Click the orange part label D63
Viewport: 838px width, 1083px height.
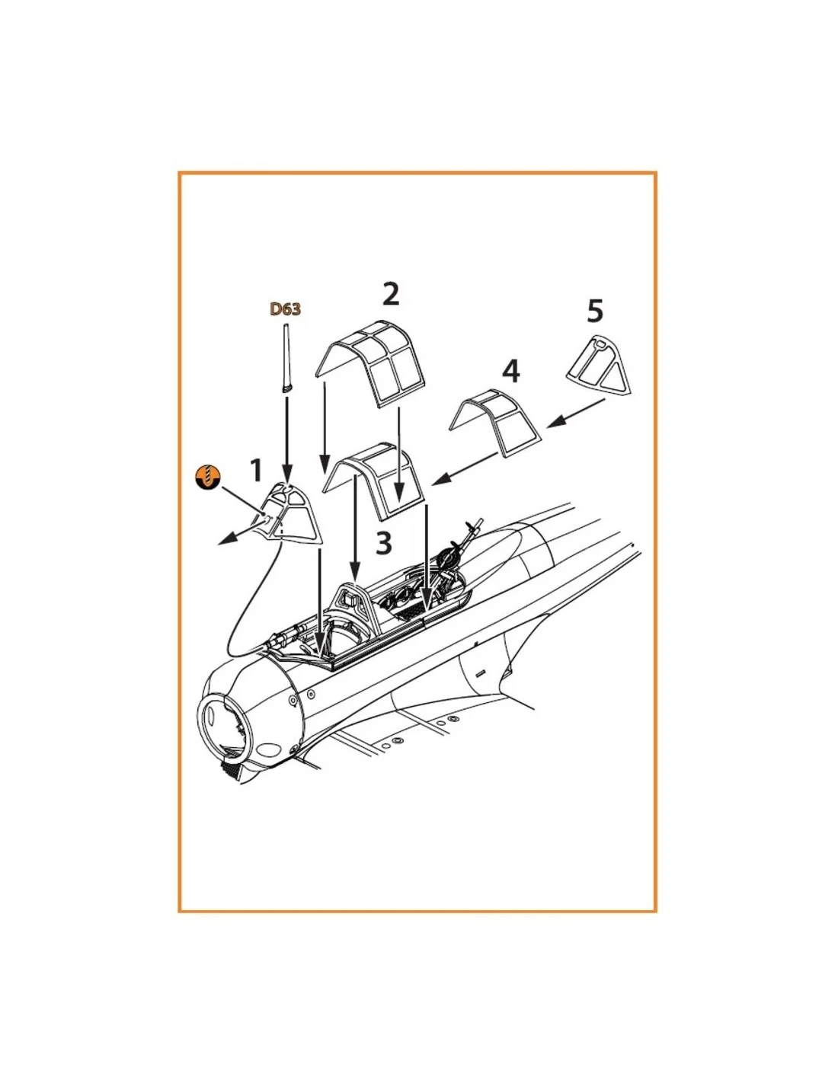point(286,309)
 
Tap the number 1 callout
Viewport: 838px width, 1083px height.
point(255,471)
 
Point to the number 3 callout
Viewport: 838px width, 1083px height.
point(383,543)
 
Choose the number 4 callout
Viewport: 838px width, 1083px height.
point(511,372)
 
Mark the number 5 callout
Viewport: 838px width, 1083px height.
point(595,311)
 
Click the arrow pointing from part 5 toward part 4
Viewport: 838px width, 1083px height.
point(576,413)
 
